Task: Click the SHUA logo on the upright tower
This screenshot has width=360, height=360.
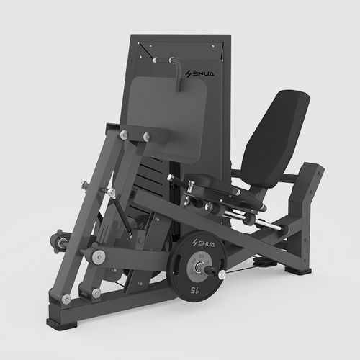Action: (x=200, y=73)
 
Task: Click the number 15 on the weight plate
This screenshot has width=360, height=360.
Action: (x=194, y=290)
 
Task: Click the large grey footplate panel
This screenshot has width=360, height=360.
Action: (x=167, y=119)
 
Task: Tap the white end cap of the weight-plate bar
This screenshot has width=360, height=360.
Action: (x=222, y=274)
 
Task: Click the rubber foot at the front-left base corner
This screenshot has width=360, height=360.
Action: (x=62, y=323)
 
